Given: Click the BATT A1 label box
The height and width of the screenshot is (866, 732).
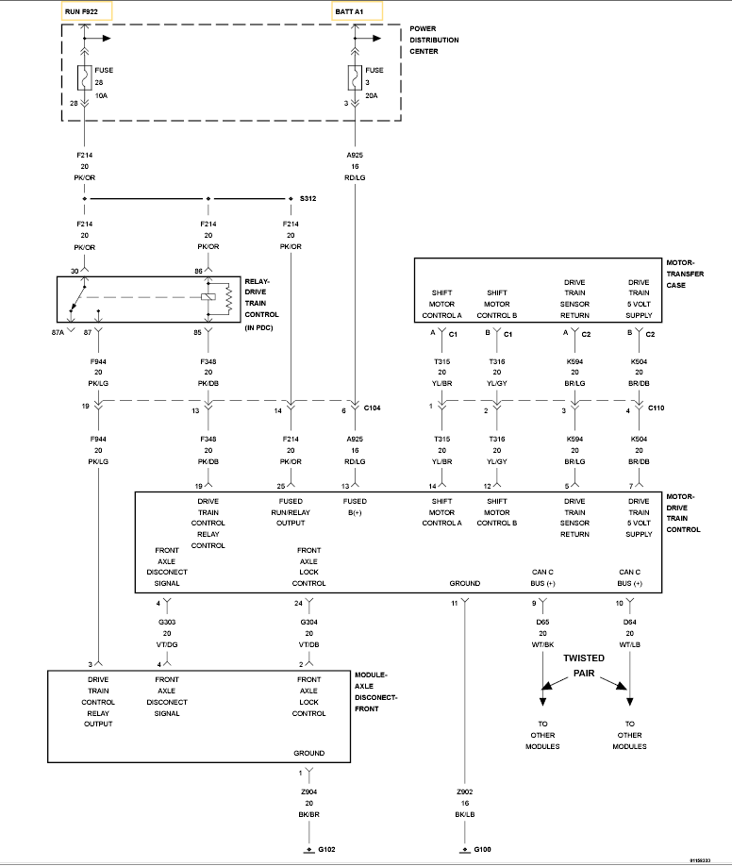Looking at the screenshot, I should click(355, 11).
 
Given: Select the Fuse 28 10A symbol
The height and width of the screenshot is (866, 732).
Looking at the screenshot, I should click(85, 77).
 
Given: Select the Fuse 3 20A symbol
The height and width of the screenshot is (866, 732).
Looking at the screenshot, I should click(355, 77).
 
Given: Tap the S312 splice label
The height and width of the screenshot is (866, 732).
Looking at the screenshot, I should click(308, 199).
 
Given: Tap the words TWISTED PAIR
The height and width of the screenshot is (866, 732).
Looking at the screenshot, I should click(586, 666).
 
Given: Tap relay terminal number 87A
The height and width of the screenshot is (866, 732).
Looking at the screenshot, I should click(58, 332).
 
